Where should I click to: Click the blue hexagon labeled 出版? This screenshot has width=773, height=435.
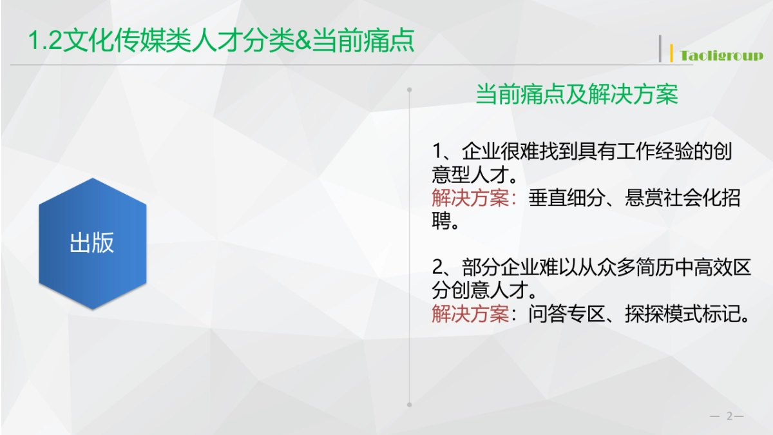pos(92,244)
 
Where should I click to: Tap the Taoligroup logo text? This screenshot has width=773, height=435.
pos(721,55)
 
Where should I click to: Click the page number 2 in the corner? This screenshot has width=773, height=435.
pos(730,416)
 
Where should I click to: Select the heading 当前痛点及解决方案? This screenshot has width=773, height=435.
pos(577,95)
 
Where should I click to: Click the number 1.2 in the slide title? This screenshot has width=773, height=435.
pos(44,41)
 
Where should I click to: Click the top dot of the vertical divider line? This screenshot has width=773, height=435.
pos(410,90)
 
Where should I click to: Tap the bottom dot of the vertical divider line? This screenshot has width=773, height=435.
pos(410,405)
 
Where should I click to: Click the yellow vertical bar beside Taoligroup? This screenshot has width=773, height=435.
pos(672,53)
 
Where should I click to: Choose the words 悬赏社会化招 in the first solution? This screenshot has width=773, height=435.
pos(683,198)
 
